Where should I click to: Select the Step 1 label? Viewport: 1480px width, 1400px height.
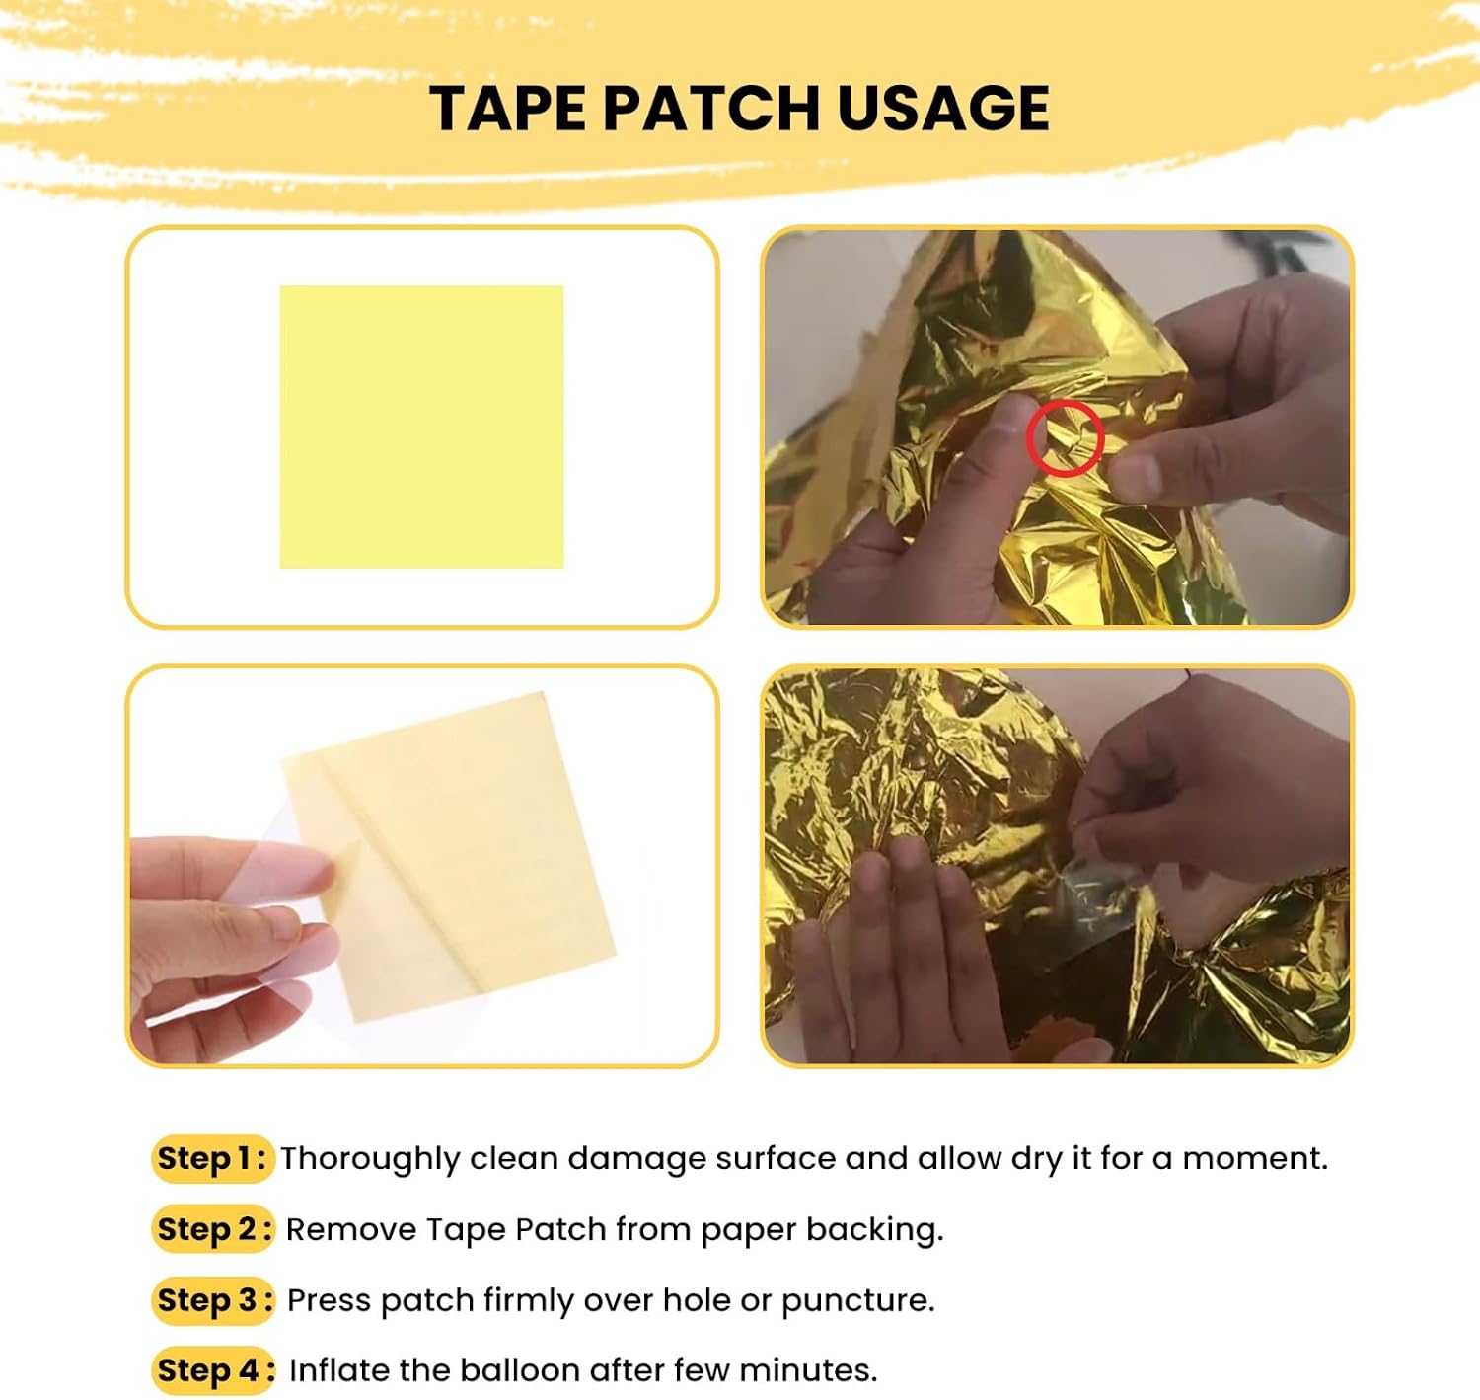point(212,1159)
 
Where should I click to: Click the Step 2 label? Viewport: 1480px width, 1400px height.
point(213,1229)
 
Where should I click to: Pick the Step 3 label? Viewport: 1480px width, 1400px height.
point(213,1299)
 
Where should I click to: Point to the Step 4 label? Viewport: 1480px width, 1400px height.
point(213,1369)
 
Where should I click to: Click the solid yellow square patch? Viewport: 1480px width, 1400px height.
point(421,427)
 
